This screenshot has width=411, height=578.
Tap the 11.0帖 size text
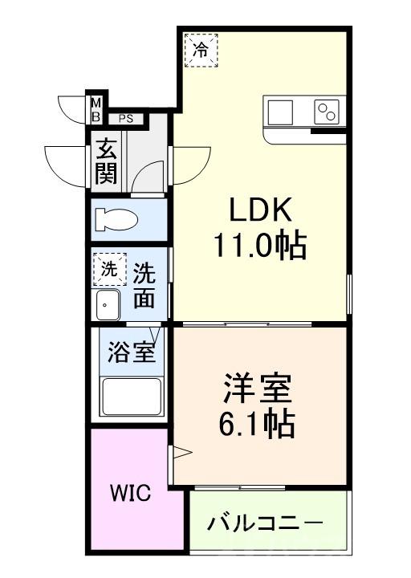point(258,245)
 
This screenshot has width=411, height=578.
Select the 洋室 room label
point(257,389)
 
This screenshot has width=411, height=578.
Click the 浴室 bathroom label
point(132,353)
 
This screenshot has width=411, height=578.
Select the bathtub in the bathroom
point(131,396)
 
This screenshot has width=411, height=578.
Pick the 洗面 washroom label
point(144,287)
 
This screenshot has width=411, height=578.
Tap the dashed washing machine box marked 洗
point(109,270)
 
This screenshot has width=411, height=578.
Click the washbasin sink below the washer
point(108,304)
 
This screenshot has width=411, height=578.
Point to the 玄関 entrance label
point(105,162)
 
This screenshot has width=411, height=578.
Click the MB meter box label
point(96,109)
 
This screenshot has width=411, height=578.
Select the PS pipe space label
point(126,119)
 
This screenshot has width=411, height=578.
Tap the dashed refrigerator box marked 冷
point(201,51)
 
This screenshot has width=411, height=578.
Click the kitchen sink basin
point(281,112)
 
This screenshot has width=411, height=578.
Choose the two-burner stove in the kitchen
point(327,112)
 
